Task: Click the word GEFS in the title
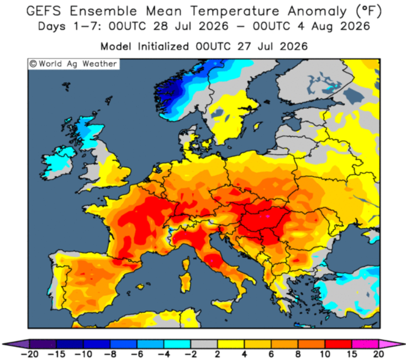click(44, 11)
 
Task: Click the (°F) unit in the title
click(369, 12)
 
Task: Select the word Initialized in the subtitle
click(164, 46)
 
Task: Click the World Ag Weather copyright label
click(73, 64)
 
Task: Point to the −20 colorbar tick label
click(29, 354)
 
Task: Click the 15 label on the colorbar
click(352, 354)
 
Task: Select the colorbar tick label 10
click(325, 354)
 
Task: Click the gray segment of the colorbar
click(204, 344)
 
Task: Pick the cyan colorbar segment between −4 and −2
click(177, 344)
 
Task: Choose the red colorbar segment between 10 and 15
click(339, 344)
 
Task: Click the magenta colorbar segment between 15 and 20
click(365, 344)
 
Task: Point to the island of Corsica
click(186, 265)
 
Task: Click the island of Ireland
click(57, 163)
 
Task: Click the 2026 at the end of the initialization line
click(294, 46)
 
